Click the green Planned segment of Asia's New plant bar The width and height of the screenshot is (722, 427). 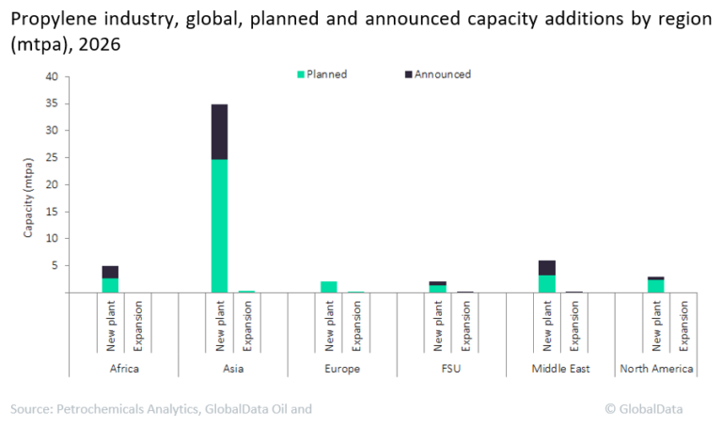[219, 226]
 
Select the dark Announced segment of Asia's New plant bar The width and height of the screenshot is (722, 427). [219, 132]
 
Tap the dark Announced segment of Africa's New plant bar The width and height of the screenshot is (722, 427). [110, 272]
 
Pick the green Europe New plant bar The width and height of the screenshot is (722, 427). [328, 287]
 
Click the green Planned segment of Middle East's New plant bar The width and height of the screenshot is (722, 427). [546, 283]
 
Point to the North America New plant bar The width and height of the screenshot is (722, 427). [655, 285]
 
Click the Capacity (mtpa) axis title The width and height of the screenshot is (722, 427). [30, 184]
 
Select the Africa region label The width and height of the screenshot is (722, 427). [123, 369]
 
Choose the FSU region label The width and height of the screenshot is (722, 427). [450, 369]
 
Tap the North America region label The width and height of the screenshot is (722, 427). [656, 369]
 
